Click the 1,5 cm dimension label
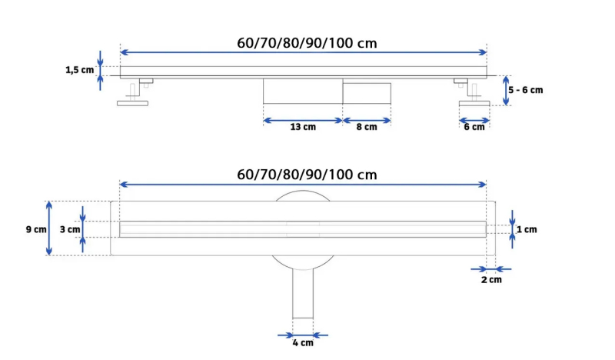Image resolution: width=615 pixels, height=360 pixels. click(79, 70)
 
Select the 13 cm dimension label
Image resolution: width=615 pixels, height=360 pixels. click(302, 128)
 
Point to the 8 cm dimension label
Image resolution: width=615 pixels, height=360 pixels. click(366, 128)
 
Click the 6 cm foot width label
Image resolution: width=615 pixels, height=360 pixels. click(474, 127)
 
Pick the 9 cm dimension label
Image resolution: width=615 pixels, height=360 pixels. click(35, 229)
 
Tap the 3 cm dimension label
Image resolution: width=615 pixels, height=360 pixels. click(69, 229)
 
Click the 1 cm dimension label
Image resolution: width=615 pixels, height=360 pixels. click(527, 229)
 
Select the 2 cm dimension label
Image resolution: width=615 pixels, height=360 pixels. click(490, 280)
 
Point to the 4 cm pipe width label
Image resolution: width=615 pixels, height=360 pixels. click(302, 343)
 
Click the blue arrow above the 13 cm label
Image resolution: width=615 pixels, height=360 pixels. click(302, 120)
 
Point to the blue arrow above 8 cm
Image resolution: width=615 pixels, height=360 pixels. click(366, 120)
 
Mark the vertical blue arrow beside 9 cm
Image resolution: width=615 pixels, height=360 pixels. click(50, 228)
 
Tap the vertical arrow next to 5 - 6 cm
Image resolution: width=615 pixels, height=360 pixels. click(505, 90)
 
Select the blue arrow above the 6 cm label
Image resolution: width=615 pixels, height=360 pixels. click(474, 119)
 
